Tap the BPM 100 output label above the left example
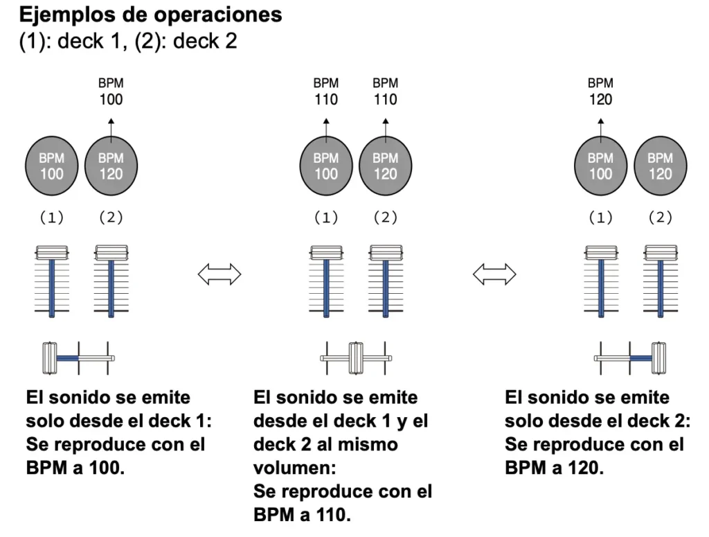pyautogui.click(x=111, y=91)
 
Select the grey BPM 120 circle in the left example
pyautogui.click(x=111, y=166)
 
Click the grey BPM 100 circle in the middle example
pyautogui.click(x=326, y=166)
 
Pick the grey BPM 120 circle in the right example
pyautogui.click(x=659, y=166)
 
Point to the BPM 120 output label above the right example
pyautogui.click(x=600, y=91)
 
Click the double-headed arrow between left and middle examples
pyautogui.click(x=219, y=275)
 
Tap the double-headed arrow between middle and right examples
pyautogui.click(x=494, y=275)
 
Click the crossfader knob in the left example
pyautogui.click(x=50, y=358)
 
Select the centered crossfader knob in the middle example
pyautogui.click(x=356, y=358)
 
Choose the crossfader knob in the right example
pyautogui.click(x=658, y=358)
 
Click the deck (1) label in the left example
pyautogui.click(x=51, y=218)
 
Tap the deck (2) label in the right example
pyautogui.click(x=659, y=218)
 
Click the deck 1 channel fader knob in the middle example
pyautogui.click(x=326, y=251)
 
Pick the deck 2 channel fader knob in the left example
pyautogui.click(x=111, y=251)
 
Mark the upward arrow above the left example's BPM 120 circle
pyautogui.click(x=111, y=129)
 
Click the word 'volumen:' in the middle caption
pyautogui.click(x=288, y=466)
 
